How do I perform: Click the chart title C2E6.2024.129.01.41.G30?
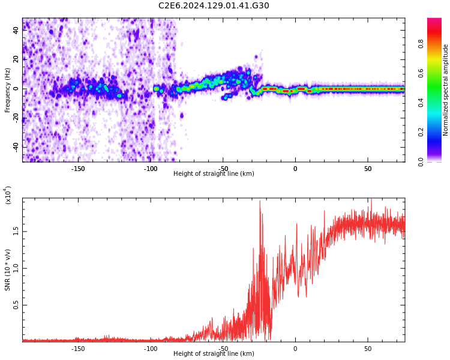[214, 6]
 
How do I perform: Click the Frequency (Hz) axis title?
[8, 90]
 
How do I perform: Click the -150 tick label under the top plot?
[78, 169]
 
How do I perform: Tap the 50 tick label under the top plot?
[368, 169]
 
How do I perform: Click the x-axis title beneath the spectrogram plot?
[214, 174]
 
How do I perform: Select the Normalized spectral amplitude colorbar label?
[446, 90]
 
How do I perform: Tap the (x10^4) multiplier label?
[8, 196]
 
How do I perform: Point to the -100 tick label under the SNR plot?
[151, 349]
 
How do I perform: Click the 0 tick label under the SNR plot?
[295, 349]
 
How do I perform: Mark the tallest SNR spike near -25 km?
[260, 202]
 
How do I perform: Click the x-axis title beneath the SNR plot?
[214, 354]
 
